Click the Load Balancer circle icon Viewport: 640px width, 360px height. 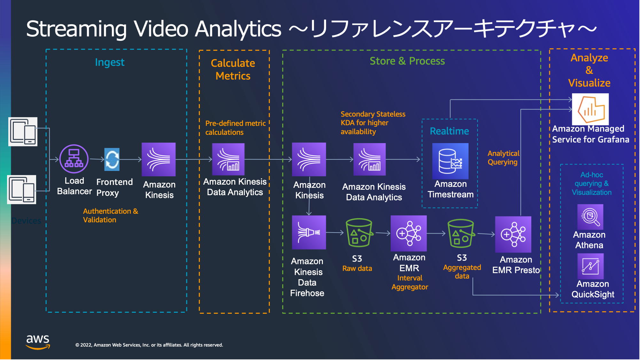(74, 159)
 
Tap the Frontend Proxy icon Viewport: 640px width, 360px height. (112, 159)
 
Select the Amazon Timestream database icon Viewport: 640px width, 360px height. (450, 161)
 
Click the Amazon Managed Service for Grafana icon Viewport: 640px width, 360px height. (590, 109)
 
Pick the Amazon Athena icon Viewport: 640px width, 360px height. (590, 217)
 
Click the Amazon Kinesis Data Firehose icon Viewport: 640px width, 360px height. (309, 232)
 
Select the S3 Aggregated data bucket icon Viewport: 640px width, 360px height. (461, 234)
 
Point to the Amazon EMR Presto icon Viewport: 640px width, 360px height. (513, 234)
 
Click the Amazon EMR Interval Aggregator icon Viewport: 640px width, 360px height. (409, 233)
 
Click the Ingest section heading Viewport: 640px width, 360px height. (110, 62)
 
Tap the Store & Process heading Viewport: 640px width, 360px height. (407, 61)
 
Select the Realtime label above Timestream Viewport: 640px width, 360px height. (449, 131)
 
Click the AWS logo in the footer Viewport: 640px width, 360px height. (38, 342)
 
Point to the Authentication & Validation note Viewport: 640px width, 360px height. (111, 215)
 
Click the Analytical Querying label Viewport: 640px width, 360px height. (503, 158)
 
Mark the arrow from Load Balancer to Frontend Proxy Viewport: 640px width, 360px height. (97, 159)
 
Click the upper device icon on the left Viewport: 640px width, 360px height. (23, 132)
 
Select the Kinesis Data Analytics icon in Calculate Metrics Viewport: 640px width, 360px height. (228, 159)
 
